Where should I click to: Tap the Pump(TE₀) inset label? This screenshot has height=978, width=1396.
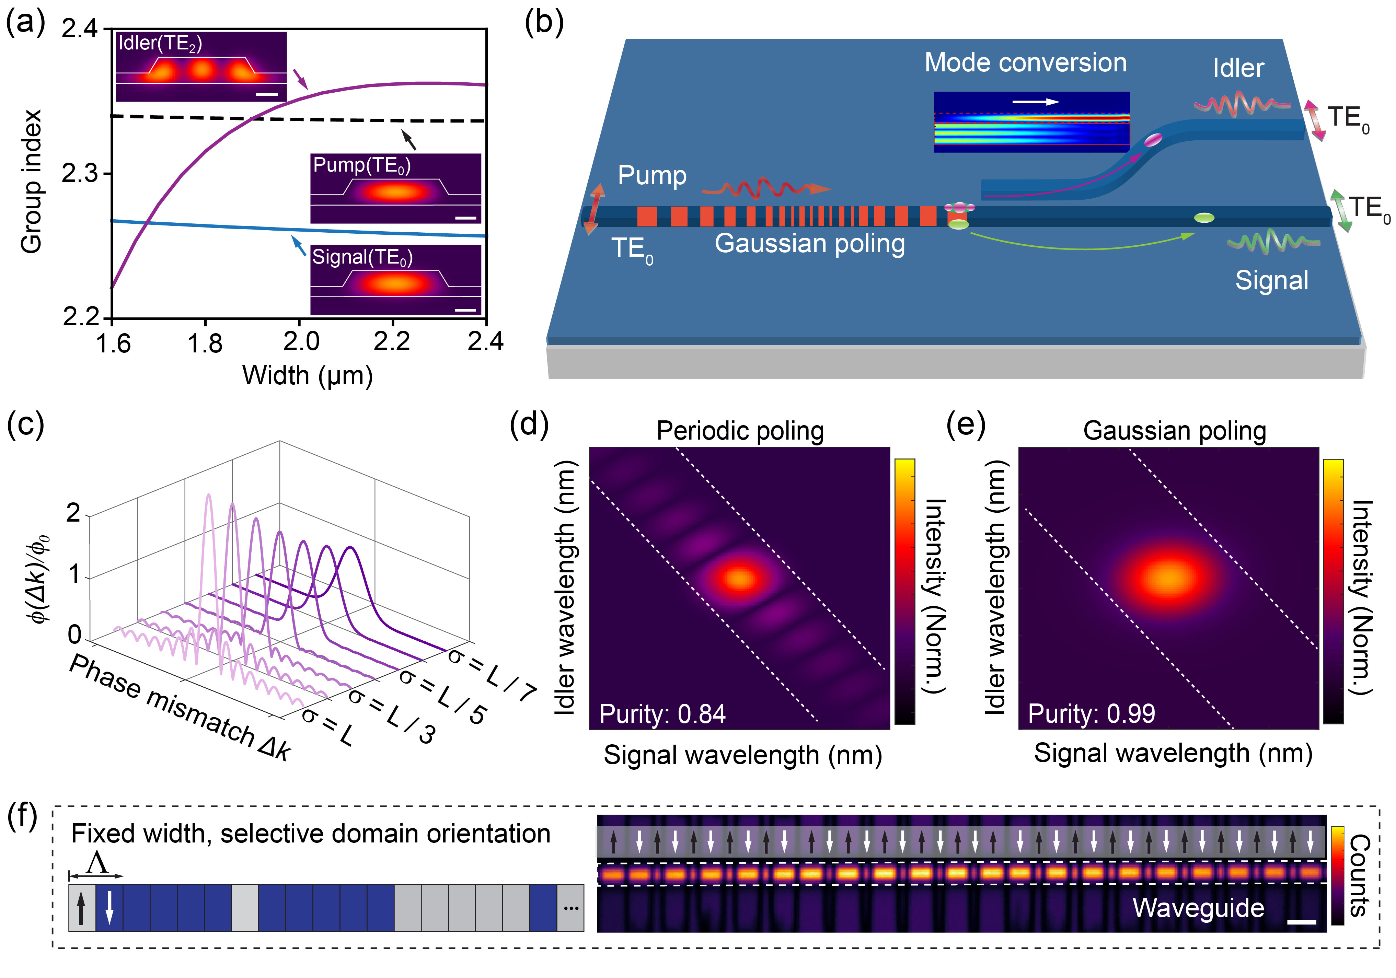pos(362,165)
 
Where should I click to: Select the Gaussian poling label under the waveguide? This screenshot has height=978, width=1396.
pos(809,243)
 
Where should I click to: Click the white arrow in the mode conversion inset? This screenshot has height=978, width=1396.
pos(1036,102)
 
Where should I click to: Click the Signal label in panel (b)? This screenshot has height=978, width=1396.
pos(1271,280)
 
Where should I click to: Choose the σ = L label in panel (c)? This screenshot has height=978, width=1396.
pos(327,726)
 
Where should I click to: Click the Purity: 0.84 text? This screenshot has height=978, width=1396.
pos(662,713)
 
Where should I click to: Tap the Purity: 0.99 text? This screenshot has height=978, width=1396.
pos(1091,713)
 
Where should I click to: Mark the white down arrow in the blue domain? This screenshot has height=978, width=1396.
pos(109,907)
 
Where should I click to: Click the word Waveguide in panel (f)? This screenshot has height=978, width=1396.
pos(1198,908)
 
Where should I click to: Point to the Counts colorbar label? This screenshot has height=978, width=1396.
pos(1360,875)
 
